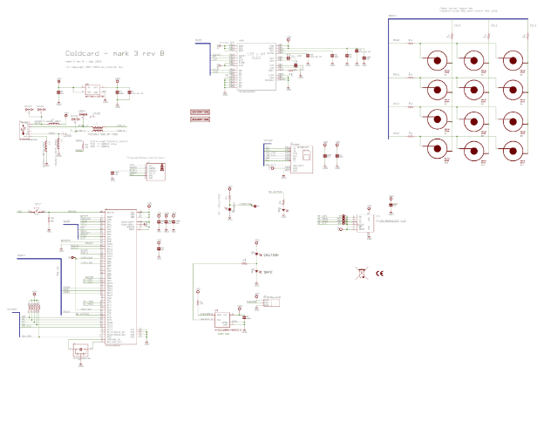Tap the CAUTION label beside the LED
(x=269, y=255)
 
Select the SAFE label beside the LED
(x=267, y=272)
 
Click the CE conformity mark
(x=380, y=274)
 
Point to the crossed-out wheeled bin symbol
(x=361, y=274)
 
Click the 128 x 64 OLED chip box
(x=253, y=65)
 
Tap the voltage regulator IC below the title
(x=91, y=90)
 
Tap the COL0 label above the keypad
(x=455, y=26)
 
